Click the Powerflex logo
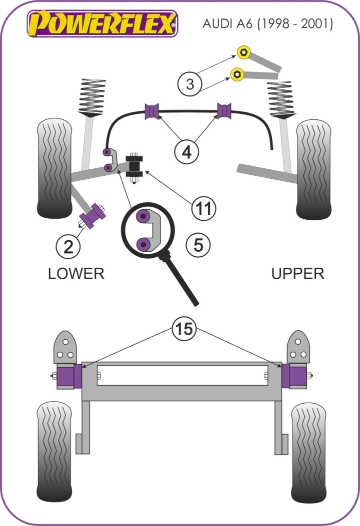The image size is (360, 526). click(x=102, y=23)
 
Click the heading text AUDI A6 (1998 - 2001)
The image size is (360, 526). click(x=267, y=23)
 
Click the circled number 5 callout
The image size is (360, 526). click(x=198, y=245)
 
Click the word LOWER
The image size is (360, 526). click(x=76, y=273)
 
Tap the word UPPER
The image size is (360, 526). click(x=297, y=273)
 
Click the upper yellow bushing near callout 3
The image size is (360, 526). click(x=243, y=51)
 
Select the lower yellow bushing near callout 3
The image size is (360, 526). click(x=236, y=74)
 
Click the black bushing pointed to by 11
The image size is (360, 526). click(x=134, y=166)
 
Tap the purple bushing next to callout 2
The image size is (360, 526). click(x=93, y=217)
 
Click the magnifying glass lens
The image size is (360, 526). click(x=148, y=230)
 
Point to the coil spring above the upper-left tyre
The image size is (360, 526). click(x=93, y=96)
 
